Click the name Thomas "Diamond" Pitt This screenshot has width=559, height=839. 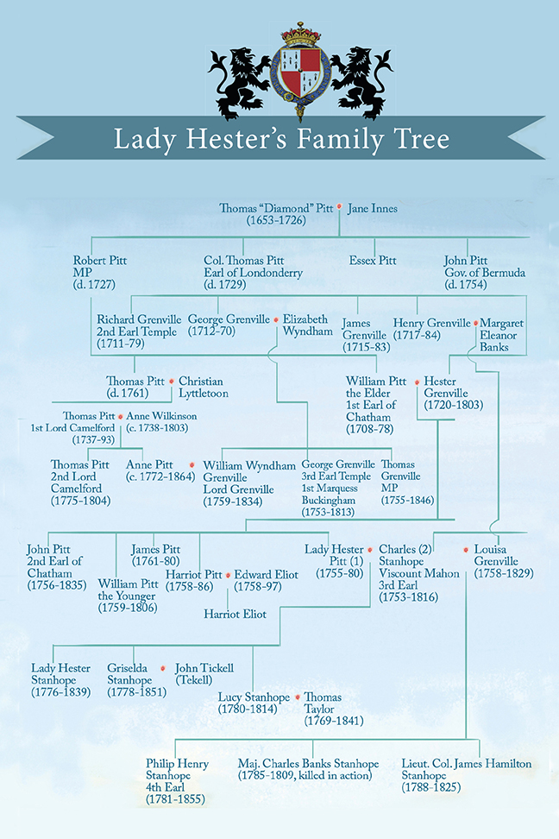click(276, 208)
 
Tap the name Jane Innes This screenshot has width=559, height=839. click(373, 208)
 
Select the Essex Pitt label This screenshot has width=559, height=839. click(373, 261)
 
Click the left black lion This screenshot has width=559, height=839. click(240, 80)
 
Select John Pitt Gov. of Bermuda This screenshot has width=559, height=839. click(485, 273)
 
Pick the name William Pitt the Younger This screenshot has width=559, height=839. click(128, 596)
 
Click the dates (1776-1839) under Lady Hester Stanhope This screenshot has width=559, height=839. click(60, 692)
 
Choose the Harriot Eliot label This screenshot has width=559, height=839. click(235, 615)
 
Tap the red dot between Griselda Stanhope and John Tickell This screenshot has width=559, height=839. click(163, 668)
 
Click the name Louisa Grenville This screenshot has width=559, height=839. click(496, 555)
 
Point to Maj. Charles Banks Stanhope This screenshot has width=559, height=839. click(308, 764)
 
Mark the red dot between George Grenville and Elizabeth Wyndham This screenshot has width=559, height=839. click(276, 320)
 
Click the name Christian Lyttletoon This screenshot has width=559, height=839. click(204, 387)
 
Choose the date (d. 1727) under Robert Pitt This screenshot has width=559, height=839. click(94, 284)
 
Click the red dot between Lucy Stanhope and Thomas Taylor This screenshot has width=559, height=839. click(298, 697)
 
